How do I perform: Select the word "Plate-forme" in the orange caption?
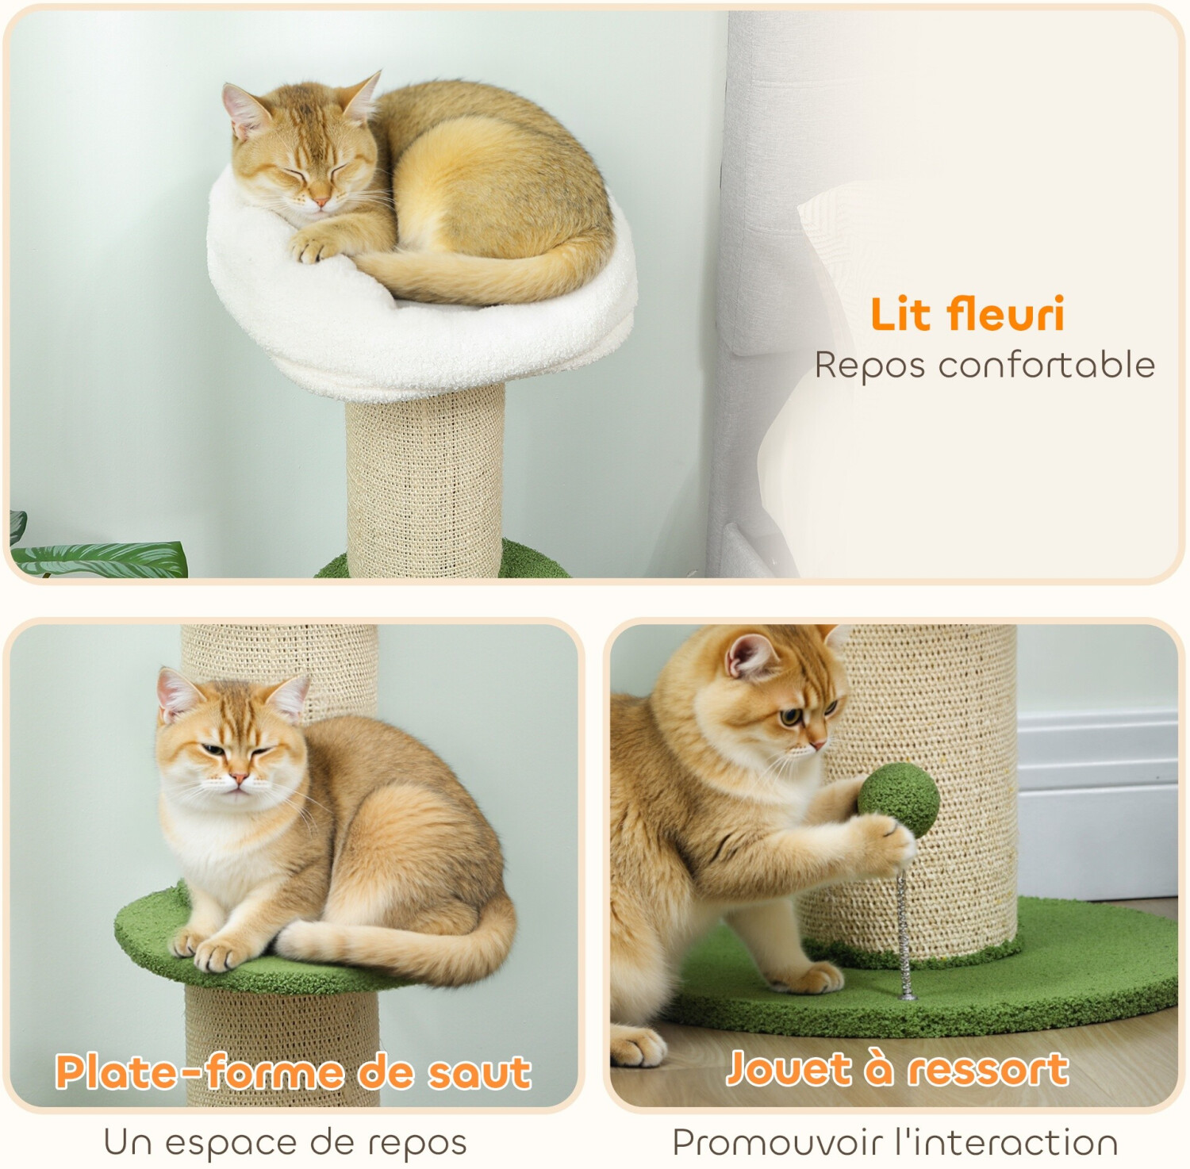pos(199,1072)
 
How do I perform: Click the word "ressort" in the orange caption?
pos(988,1069)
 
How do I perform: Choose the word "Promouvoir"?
pos(777,1143)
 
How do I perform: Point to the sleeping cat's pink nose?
pos(321,202)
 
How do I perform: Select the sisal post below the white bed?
pos(425,480)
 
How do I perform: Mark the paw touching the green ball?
pos(886,845)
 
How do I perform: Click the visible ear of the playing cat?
pos(750,655)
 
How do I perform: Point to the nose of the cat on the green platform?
pos(239,777)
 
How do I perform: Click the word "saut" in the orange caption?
pos(479,1073)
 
